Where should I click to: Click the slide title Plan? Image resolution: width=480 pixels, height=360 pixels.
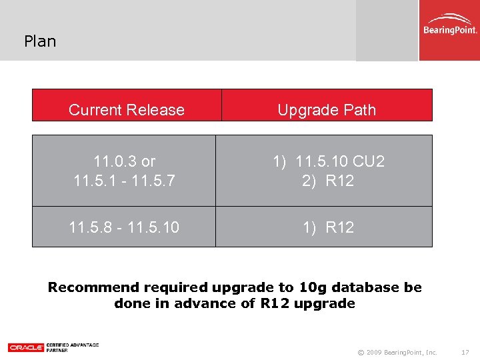[40, 41]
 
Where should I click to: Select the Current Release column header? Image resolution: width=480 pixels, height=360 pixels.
[127, 110]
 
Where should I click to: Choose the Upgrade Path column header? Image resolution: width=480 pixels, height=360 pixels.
[327, 110]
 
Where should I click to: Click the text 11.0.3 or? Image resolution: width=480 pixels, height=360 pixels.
[125, 161]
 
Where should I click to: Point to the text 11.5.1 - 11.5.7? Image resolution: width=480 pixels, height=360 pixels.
[125, 181]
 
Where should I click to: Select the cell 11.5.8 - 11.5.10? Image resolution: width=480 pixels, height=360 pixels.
[124, 227]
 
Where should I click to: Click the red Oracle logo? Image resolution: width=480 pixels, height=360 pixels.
[26, 347]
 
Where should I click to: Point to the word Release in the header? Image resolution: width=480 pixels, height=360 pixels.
[159, 110]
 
